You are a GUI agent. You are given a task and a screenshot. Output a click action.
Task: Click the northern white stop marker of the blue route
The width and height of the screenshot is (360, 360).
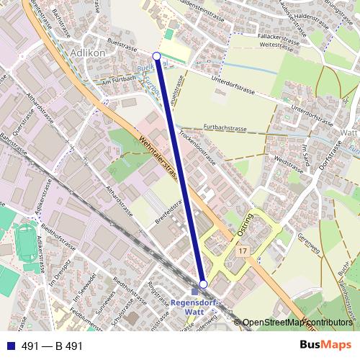157,55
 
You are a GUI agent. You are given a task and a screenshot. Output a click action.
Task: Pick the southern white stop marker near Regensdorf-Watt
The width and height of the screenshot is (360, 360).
204,284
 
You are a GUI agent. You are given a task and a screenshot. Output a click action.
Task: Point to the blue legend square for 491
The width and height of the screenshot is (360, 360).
9,346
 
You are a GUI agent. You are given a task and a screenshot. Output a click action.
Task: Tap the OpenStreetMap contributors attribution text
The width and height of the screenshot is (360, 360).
296,322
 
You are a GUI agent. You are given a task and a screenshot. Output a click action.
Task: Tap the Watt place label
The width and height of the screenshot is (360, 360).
348,132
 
